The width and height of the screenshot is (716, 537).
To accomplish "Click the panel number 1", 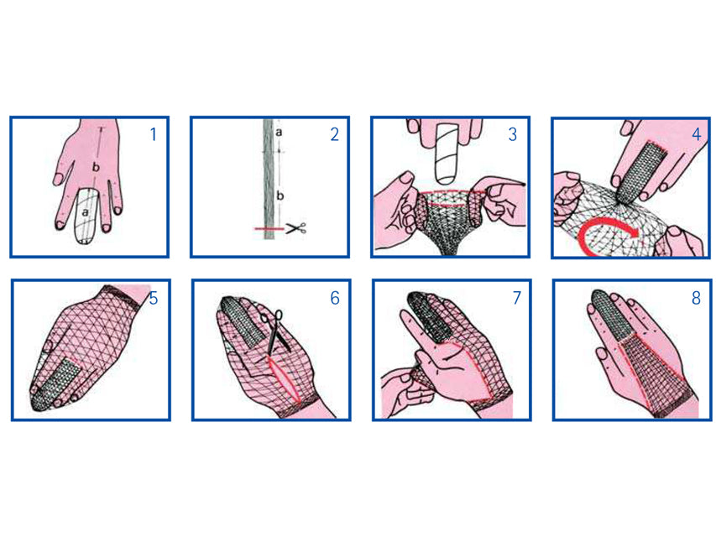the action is (x=154, y=134).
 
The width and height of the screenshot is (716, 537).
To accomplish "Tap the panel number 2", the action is (x=335, y=134).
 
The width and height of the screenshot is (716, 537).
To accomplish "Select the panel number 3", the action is (x=513, y=134).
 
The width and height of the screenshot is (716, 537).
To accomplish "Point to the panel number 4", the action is (x=697, y=134).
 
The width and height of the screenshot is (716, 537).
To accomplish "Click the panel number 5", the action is (x=154, y=298).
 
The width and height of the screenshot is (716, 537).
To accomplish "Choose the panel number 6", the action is (x=335, y=298).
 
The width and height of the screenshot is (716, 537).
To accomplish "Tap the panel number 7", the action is (x=516, y=298).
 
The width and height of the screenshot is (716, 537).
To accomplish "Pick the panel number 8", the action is (x=696, y=298).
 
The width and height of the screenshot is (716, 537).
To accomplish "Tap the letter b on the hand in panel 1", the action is (x=96, y=167).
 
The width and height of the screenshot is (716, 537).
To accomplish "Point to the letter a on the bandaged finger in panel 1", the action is (x=85, y=212).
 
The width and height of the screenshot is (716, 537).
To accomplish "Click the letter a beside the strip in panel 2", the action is (x=279, y=133).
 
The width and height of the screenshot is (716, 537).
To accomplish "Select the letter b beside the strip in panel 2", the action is (x=280, y=196).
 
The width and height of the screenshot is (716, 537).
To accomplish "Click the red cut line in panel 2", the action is (x=269, y=228).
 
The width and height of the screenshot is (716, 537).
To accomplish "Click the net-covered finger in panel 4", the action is (x=638, y=171).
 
